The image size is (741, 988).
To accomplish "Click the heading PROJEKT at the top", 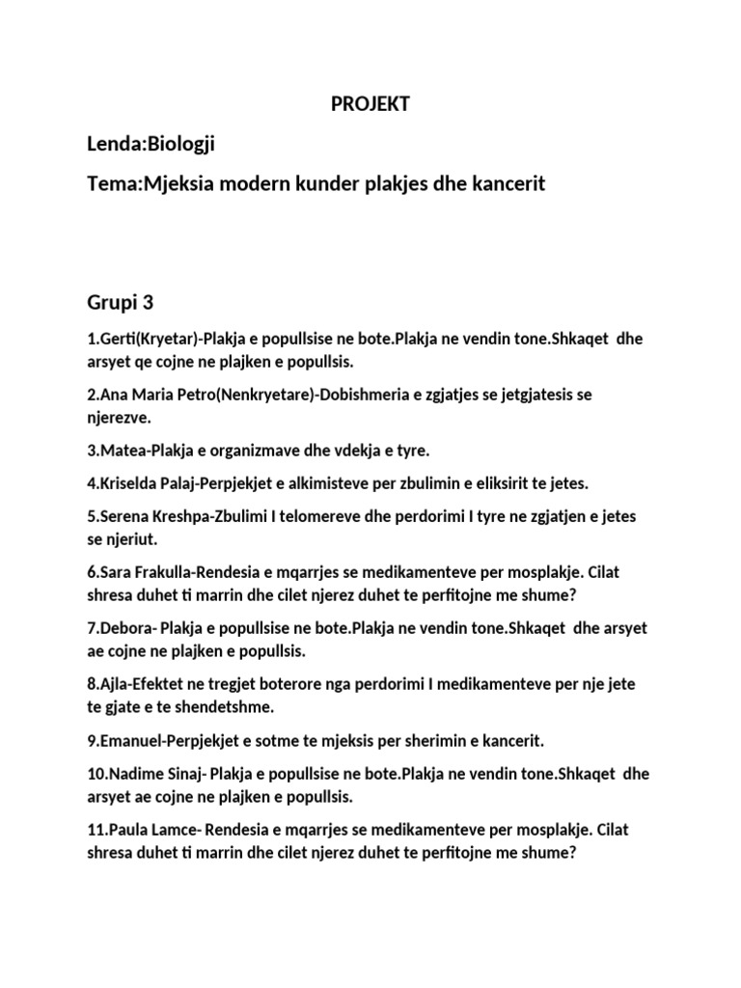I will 370,105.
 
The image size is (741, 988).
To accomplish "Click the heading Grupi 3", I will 121,303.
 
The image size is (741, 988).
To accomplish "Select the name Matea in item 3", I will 121,450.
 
